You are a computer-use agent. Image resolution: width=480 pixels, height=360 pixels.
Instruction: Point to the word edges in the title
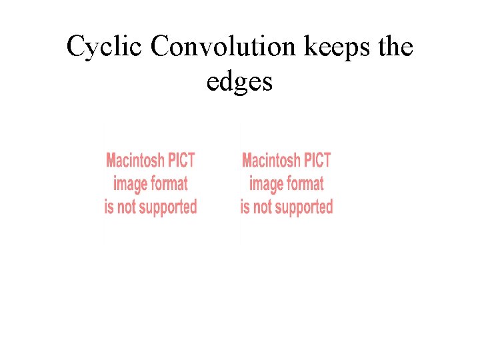click(239, 82)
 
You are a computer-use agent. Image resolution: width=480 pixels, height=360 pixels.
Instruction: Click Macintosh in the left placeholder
click(135, 160)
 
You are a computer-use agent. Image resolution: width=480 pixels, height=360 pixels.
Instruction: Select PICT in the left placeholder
click(181, 160)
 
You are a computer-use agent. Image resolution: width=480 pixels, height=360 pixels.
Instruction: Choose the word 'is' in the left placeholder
click(109, 207)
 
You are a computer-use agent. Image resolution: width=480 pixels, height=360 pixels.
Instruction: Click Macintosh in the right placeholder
click(271, 160)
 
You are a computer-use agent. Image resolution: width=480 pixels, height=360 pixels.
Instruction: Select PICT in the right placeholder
click(317, 160)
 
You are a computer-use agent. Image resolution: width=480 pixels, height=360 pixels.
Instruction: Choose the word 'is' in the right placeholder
click(245, 207)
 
